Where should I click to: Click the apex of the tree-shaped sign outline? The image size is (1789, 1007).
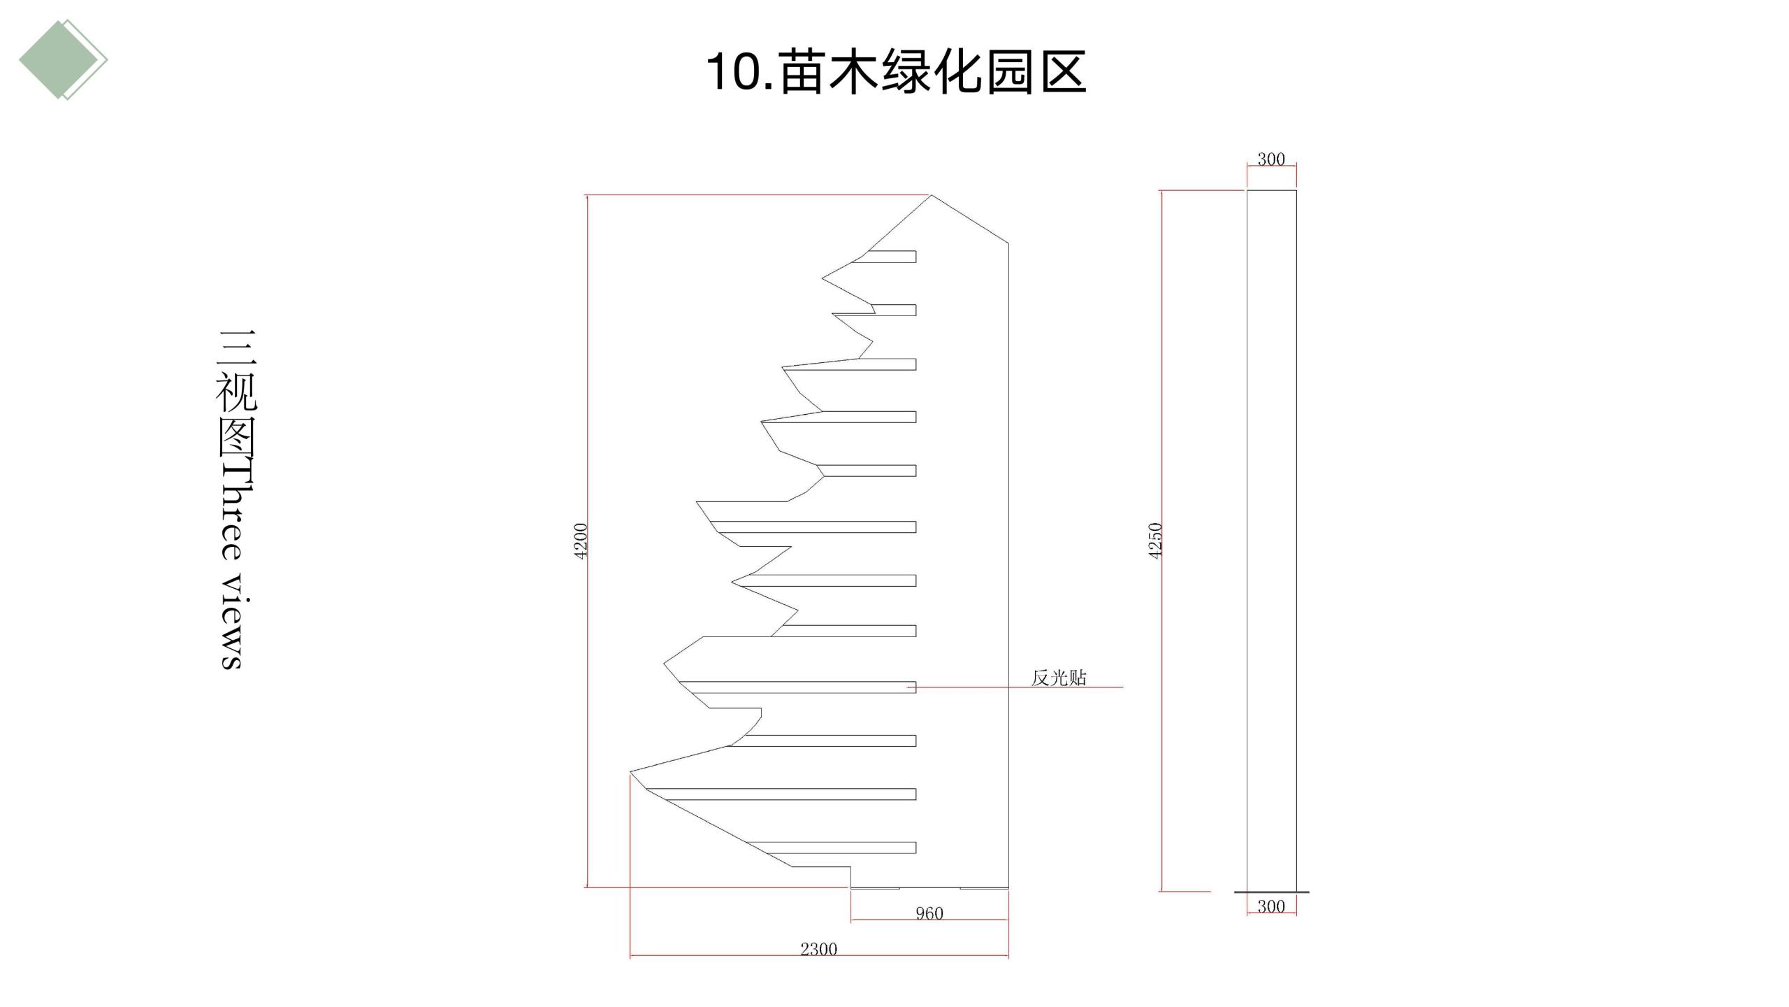tap(932, 195)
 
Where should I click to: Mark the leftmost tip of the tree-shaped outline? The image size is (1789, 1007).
tap(630, 772)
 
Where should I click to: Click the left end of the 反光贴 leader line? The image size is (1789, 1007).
tap(908, 687)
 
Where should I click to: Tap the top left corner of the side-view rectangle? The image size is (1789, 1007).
tap(1247, 190)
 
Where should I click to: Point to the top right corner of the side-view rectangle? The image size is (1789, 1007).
tap(1296, 190)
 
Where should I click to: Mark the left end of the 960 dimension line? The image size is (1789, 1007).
tap(851, 920)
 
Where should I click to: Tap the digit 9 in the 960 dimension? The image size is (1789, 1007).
tap(920, 913)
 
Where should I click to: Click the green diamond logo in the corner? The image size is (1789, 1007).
tap(63, 59)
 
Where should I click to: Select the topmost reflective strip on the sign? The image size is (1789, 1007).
tap(885, 257)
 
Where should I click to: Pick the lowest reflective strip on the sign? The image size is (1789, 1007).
tap(832, 848)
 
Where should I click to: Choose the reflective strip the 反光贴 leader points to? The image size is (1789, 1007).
tap(797, 687)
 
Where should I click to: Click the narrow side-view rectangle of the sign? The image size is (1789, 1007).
tap(1272, 540)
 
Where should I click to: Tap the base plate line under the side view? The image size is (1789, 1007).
tap(1272, 892)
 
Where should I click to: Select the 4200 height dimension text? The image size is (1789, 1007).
tap(581, 541)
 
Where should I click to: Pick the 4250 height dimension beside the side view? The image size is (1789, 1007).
tap(1155, 541)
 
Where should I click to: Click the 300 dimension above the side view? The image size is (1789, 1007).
tap(1271, 159)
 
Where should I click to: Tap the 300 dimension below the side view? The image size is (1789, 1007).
tap(1271, 906)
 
